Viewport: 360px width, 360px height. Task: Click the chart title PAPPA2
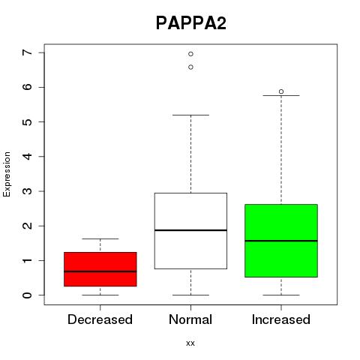click(191, 23)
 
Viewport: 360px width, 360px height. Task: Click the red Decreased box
click(100, 269)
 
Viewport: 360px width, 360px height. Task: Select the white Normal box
click(190, 231)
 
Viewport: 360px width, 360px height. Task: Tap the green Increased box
click(281, 241)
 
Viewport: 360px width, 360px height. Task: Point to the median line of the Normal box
click(190, 230)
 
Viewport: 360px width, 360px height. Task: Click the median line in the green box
click(281, 241)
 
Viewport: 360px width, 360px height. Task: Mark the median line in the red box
click(100, 271)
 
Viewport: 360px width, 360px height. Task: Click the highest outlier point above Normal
click(190, 54)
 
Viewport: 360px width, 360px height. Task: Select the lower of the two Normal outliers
click(190, 67)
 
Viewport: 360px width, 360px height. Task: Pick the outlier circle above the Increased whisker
click(281, 91)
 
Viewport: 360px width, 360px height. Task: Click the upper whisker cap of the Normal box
click(190, 115)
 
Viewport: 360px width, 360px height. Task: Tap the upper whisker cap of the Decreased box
click(100, 238)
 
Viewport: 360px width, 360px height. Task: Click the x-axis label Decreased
click(100, 319)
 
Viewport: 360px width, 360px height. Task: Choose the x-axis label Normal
click(190, 319)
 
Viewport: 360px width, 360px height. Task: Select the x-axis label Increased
click(281, 319)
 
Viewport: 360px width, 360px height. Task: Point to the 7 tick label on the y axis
click(28, 52)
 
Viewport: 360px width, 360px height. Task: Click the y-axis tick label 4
click(28, 157)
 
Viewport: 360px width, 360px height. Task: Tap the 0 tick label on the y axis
click(28, 295)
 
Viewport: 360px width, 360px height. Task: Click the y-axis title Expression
click(7, 174)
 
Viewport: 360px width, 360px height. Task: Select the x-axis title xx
click(190, 343)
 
